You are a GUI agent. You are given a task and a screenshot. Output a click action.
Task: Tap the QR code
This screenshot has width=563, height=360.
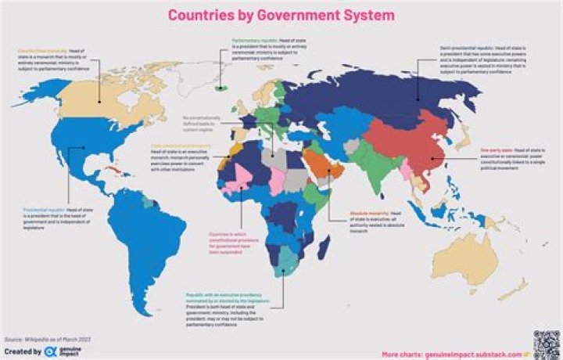[546, 343]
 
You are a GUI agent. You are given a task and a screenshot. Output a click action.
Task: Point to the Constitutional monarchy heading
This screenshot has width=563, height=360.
[36, 51]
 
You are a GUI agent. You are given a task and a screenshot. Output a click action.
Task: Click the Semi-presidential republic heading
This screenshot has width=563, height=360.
[461, 47]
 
